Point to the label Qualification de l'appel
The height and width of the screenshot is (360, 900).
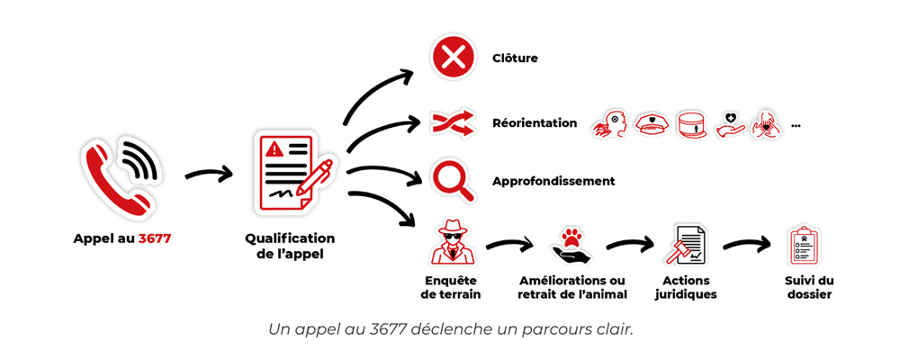tap(290, 246)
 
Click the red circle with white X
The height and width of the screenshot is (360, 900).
tap(453, 58)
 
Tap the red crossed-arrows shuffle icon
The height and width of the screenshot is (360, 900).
tap(453, 122)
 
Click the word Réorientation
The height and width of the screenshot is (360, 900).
tap(535, 122)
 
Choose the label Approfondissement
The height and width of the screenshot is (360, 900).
tap(553, 181)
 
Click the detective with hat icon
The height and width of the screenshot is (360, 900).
tap(452, 242)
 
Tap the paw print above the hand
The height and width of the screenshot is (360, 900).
tap(572, 238)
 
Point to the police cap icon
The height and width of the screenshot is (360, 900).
tap(651, 123)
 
